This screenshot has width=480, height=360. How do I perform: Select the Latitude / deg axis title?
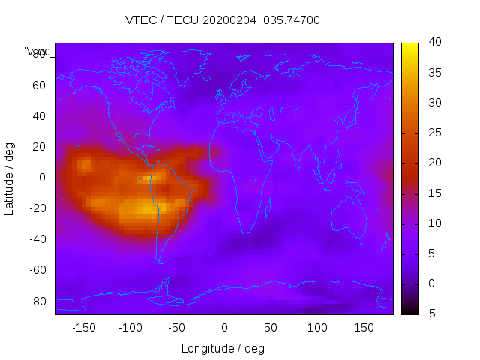click(x=10, y=177)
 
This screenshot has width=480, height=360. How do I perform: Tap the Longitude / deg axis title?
click(x=223, y=348)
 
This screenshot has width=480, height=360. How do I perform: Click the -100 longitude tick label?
click(x=130, y=328)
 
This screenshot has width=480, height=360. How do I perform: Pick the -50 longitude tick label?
click(x=177, y=328)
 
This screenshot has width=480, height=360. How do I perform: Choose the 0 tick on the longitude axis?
click(x=224, y=328)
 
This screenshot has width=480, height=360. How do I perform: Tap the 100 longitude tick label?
click(x=317, y=328)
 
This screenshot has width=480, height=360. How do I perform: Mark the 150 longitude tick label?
click(x=364, y=328)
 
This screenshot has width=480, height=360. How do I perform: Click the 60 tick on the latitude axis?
click(x=39, y=85)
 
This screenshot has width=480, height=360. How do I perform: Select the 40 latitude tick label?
click(x=39, y=115)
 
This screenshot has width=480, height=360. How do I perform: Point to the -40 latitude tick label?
click(x=37, y=239)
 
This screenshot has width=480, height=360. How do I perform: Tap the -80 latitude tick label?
click(x=37, y=301)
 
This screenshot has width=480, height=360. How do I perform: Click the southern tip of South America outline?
click(x=160, y=261)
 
